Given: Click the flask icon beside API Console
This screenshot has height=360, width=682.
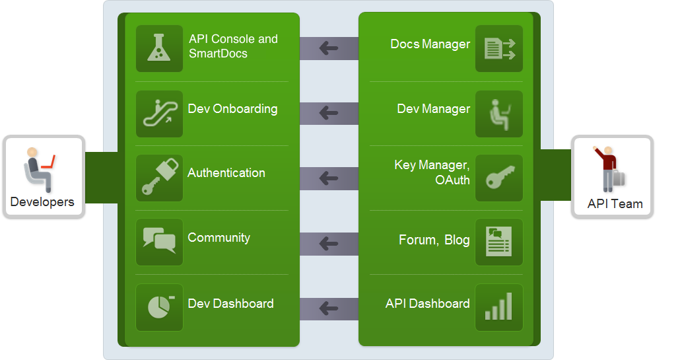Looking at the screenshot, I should point(159,48).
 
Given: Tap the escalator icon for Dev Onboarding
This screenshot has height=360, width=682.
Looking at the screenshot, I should point(159,114).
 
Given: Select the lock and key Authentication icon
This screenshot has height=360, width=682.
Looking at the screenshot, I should point(159,178).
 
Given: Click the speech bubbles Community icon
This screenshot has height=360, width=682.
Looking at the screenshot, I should point(159,242).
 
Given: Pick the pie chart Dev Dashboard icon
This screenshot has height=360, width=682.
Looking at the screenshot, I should point(159,307).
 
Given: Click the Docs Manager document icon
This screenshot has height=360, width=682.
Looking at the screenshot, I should point(499,48).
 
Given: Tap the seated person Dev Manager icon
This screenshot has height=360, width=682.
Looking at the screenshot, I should point(499,114).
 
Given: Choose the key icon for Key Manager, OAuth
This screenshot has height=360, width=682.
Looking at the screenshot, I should point(499,178).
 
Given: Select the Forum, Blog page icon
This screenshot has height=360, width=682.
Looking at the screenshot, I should point(499,242).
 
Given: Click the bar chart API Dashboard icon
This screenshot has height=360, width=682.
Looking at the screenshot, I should point(499,307).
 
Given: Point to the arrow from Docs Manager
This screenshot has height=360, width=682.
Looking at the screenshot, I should point(329,48).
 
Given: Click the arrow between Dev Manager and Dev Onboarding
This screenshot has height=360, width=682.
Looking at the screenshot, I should point(329,113).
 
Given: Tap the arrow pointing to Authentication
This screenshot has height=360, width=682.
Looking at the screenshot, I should point(329,178).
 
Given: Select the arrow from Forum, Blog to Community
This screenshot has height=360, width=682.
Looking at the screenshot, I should point(329,243).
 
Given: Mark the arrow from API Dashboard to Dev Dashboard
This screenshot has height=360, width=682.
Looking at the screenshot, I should point(329,308).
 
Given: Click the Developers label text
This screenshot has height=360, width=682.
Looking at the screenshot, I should point(42,202).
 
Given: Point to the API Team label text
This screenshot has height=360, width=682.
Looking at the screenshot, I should point(615,203).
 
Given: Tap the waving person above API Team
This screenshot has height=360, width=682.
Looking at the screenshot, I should point(609,168).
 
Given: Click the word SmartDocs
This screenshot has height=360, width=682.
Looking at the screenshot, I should point(218,54).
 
